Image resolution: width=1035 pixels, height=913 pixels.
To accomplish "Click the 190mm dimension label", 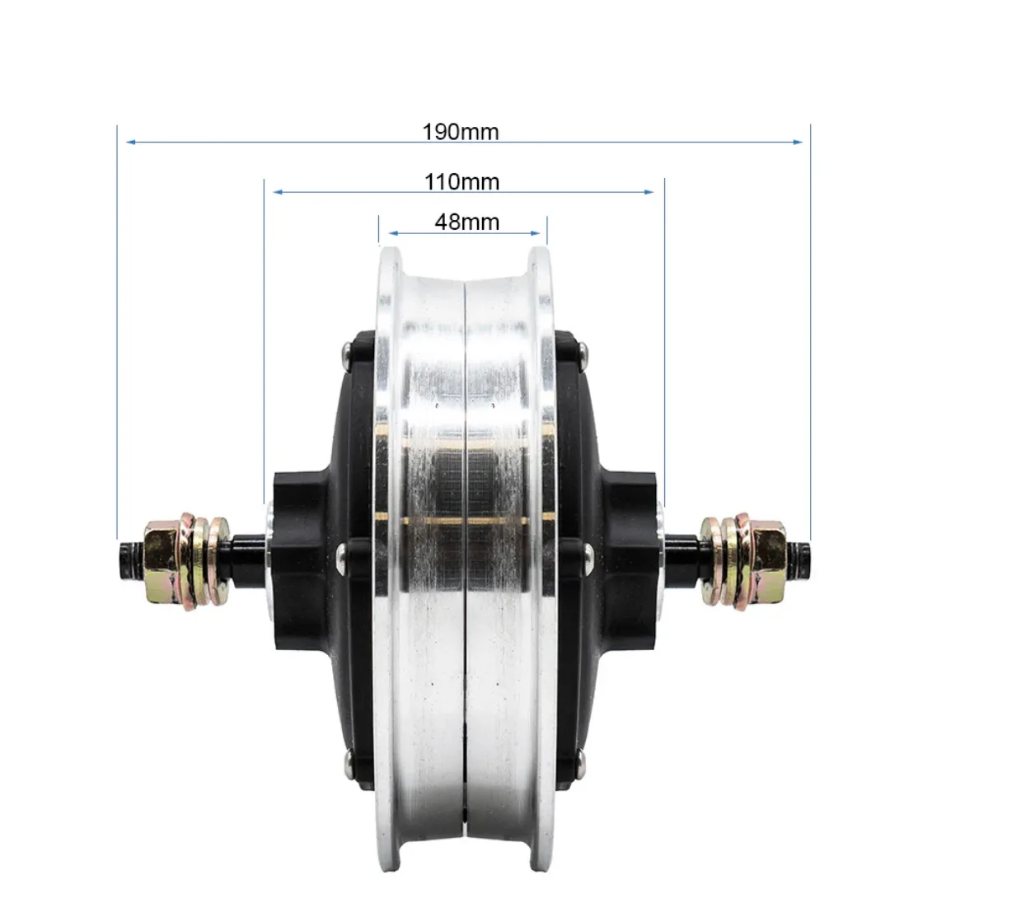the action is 461,132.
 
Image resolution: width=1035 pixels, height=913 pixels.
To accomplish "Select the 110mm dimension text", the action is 461,182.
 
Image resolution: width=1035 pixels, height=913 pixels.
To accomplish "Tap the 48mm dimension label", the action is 467,222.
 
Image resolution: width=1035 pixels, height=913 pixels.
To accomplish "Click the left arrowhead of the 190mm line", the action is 131,142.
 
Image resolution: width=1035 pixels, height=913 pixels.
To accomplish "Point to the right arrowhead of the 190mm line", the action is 798,142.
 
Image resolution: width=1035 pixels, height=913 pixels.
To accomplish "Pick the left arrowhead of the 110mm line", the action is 278,192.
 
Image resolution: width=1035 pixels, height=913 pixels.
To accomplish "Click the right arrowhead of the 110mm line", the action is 649,192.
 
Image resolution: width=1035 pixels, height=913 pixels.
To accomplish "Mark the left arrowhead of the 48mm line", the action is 393,233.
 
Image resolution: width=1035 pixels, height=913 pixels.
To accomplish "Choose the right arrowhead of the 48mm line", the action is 536,233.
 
